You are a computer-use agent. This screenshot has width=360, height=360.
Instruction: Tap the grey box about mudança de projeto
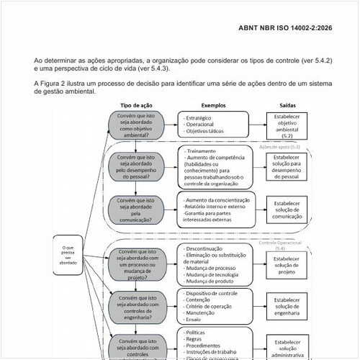pyautogui.click(x=136, y=264)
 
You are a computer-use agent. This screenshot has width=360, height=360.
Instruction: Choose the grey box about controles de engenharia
pyautogui.click(x=136, y=307)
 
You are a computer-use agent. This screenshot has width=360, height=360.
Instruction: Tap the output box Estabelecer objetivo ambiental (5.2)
pyautogui.click(x=287, y=125)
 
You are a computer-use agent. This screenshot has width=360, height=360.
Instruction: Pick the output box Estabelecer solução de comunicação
pyautogui.click(x=287, y=207)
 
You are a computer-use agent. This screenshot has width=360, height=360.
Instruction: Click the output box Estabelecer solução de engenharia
pyautogui.click(x=287, y=307)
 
